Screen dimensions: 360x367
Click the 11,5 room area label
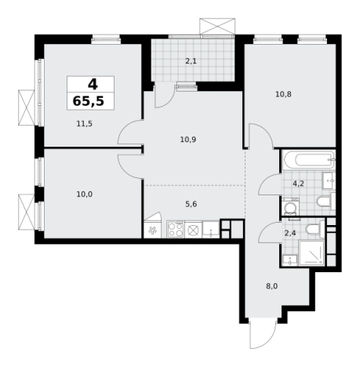[85, 124]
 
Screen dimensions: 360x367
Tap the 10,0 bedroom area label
[85, 194]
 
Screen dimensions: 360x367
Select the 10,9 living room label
[188, 140]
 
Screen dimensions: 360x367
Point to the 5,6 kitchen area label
[191, 204]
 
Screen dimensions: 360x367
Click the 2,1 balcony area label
[191, 61]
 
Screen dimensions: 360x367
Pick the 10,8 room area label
[283, 94]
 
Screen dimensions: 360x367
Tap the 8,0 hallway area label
[272, 286]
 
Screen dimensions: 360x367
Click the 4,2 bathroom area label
[298, 183]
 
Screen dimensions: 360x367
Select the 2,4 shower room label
[290, 233]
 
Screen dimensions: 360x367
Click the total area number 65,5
[89, 101]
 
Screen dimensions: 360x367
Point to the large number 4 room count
[93, 84]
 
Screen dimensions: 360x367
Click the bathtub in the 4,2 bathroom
[309, 160]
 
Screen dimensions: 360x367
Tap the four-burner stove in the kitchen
[176, 229]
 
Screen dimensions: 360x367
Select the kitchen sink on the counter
[211, 229]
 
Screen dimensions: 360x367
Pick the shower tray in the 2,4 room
[311, 253]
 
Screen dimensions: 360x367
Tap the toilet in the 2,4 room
[315, 228]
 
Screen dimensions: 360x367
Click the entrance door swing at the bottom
[263, 334]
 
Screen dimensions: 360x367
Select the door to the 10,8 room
[260, 136]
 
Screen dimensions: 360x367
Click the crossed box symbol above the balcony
[217, 26]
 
